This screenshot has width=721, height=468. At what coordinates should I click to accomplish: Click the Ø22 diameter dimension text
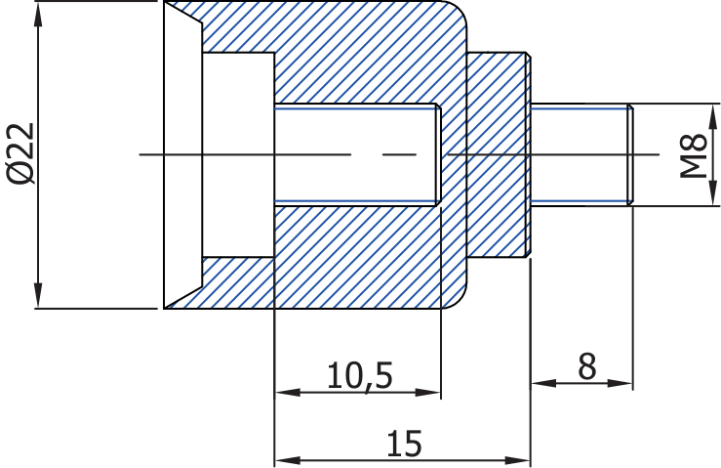20,154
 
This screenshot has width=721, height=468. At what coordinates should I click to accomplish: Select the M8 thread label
693,154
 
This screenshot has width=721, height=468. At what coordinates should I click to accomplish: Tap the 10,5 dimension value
360,374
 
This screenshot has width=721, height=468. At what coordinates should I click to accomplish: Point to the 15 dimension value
403,443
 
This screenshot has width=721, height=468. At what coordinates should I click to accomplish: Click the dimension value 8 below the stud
586,366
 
